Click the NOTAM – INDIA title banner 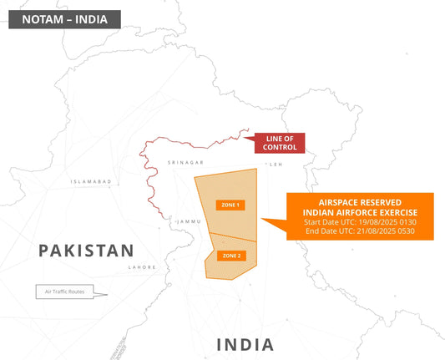pyautogui.click(x=64, y=19)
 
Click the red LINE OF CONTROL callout pyautogui.click(x=279, y=142)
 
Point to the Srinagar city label pyautogui.click(x=185, y=161)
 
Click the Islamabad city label pyautogui.click(x=92, y=180)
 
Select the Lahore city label pyautogui.click(x=141, y=267)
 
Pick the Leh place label pyautogui.click(x=276, y=165)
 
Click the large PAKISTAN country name pyautogui.click(x=87, y=250)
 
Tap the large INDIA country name pyautogui.click(x=245, y=344)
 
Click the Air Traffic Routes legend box pyautogui.click(x=65, y=292)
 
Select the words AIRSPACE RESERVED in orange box pyautogui.click(x=360, y=202)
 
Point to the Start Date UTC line pyautogui.click(x=360, y=221)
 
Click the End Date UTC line pyautogui.click(x=360, y=231)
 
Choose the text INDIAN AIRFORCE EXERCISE pyautogui.click(x=360, y=212)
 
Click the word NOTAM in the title pyautogui.click(x=41, y=19)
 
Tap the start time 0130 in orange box pyautogui.click(x=406, y=221)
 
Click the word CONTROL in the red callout pyautogui.click(x=279, y=147)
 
